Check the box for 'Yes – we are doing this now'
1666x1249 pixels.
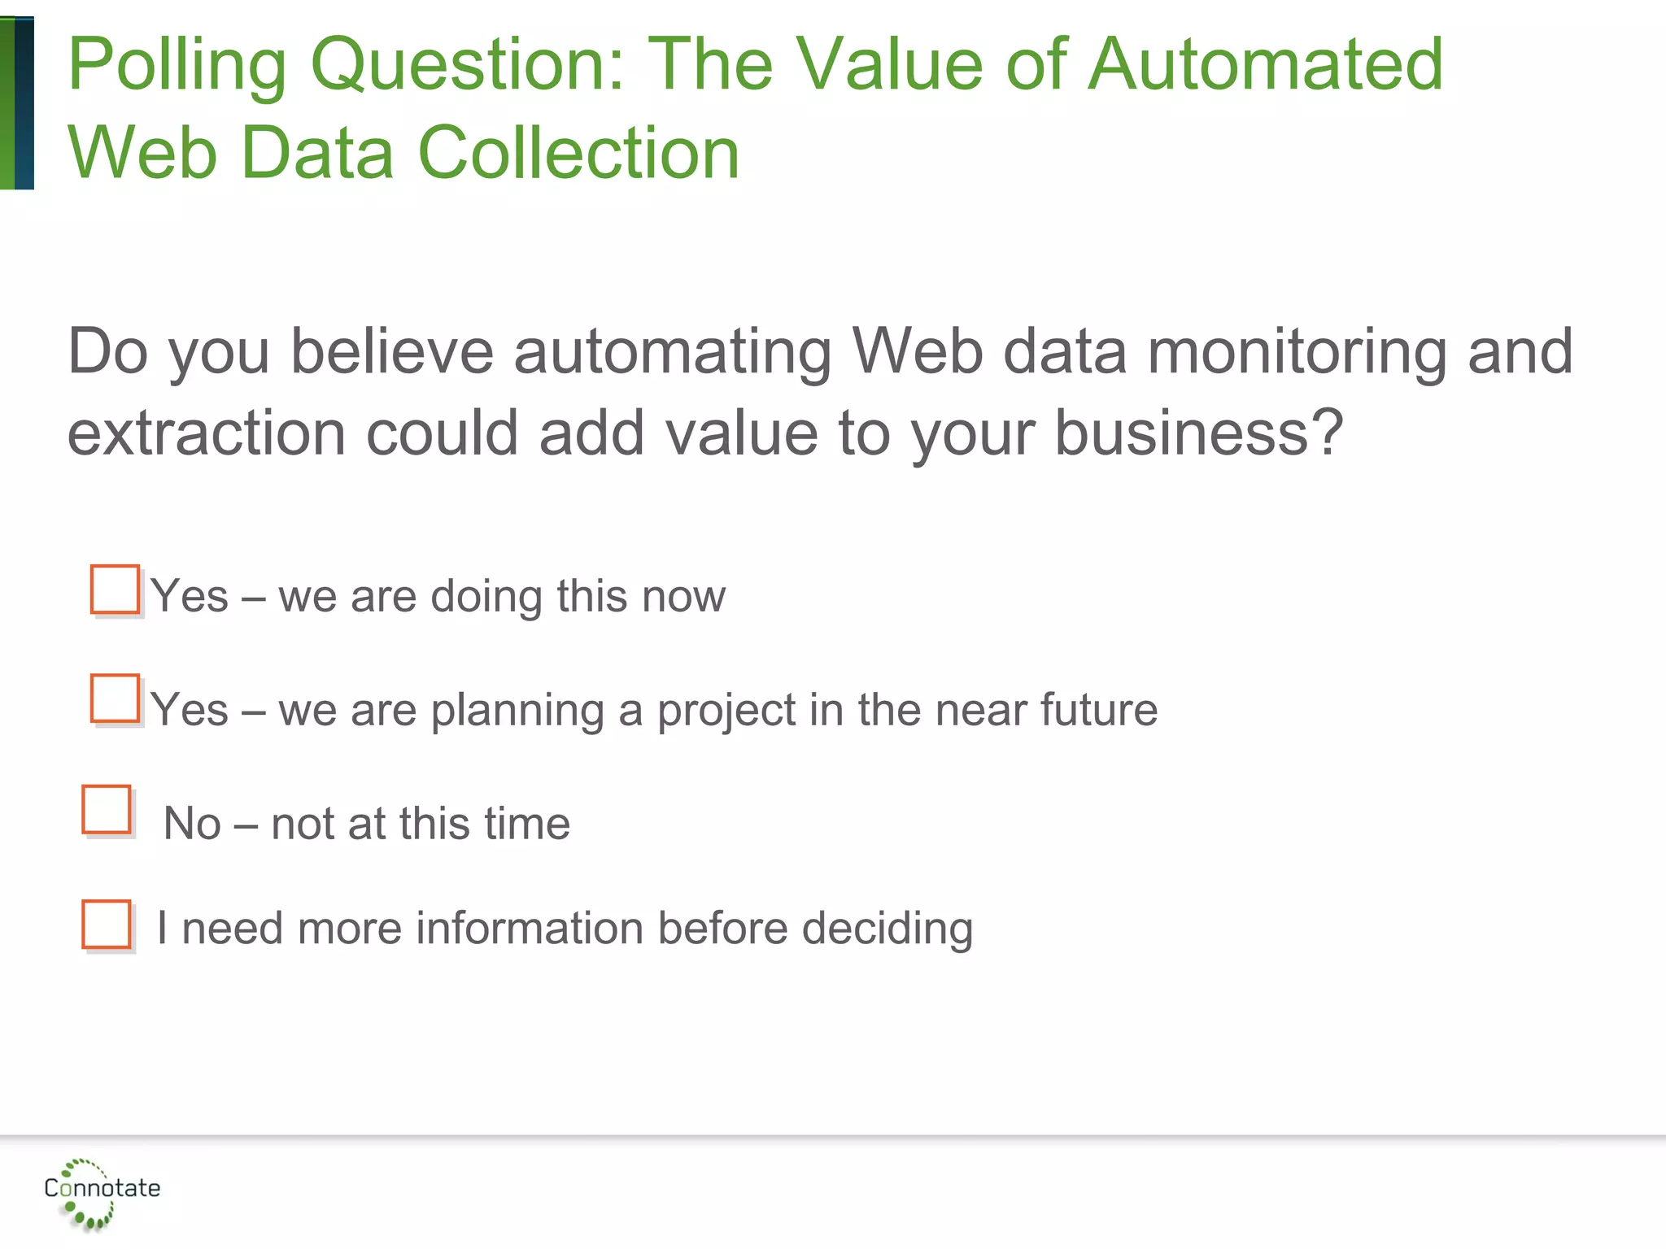(115, 590)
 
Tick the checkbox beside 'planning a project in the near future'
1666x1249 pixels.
(115, 698)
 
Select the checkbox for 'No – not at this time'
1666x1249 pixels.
(107, 809)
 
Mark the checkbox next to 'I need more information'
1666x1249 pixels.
(107, 924)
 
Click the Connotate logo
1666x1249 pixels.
(101, 1191)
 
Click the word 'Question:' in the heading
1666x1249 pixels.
(468, 65)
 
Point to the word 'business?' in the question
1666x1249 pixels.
(1198, 433)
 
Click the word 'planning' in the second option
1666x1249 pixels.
(517, 711)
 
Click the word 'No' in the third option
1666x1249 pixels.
(192, 824)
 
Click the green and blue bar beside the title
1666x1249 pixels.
(17, 103)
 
